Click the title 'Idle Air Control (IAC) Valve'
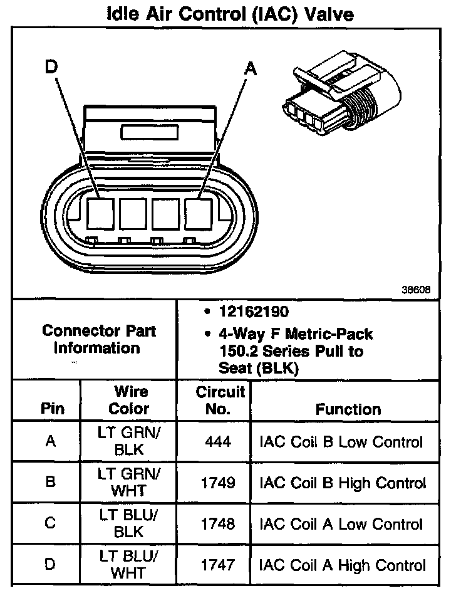coord(230,14)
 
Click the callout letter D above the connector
coord(52,67)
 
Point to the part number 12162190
coord(254,312)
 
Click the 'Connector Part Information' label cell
coord(98,339)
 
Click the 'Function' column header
coord(348,409)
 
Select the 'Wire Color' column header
coord(129,401)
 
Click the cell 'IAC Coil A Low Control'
coord(341,524)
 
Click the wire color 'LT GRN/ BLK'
coord(129,442)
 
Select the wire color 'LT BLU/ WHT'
coord(129,565)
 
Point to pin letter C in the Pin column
coord(50,524)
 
